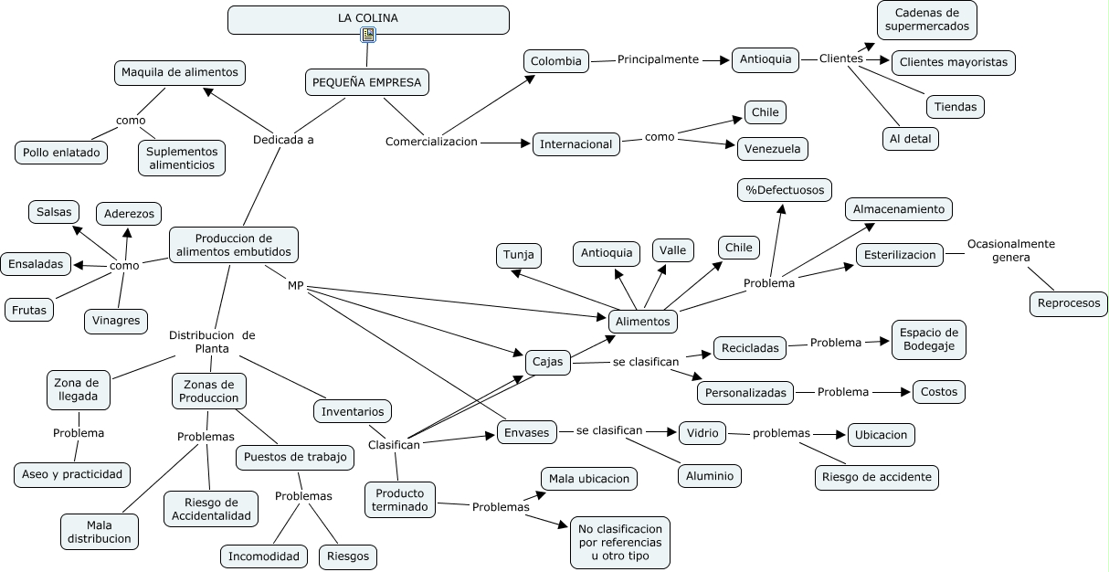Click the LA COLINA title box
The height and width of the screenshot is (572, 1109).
(x=368, y=18)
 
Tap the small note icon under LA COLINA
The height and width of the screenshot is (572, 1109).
(x=368, y=36)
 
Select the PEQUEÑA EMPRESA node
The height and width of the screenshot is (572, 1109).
(x=366, y=82)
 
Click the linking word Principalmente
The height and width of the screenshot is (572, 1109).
(x=658, y=59)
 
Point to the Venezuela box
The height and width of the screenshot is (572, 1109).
(x=772, y=148)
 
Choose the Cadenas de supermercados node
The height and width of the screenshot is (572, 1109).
(x=927, y=20)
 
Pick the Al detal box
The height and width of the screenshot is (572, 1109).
(x=911, y=139)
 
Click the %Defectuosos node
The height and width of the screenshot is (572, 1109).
(x=785, y=190)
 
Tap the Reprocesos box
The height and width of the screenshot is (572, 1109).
(x=1069, y=303)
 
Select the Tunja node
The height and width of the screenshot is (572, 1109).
(x=518, y=255)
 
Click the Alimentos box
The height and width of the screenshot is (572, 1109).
(x=643, y=321)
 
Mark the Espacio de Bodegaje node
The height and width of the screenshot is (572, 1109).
(x=928, y=339)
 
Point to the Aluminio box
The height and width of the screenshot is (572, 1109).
(x=710, y=476)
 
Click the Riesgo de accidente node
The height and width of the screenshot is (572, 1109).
(x=877, y=477)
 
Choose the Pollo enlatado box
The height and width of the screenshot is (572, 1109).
(x=61, y=153)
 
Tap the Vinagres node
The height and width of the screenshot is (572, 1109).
(x=116, y=321)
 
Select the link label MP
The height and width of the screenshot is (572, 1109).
(x=295, y=286)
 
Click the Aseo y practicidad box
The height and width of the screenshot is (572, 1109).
(x=73, y=474)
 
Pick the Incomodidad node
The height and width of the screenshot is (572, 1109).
(x=264, y=556)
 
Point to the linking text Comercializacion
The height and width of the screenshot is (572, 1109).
(x=431, y=142)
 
